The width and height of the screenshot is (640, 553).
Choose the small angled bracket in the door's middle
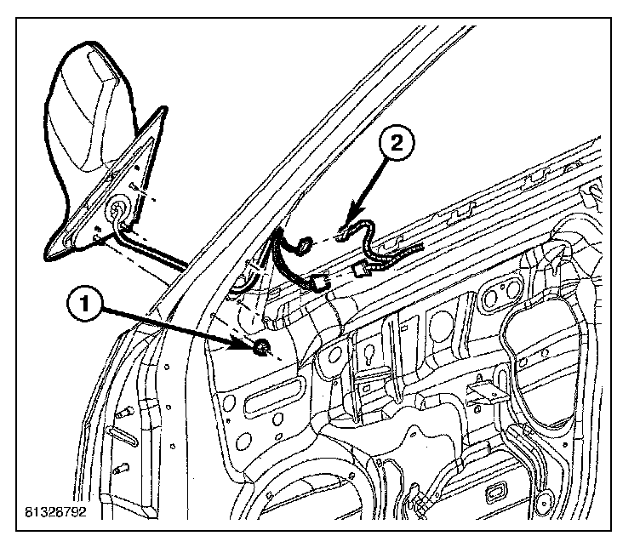point(480,393)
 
